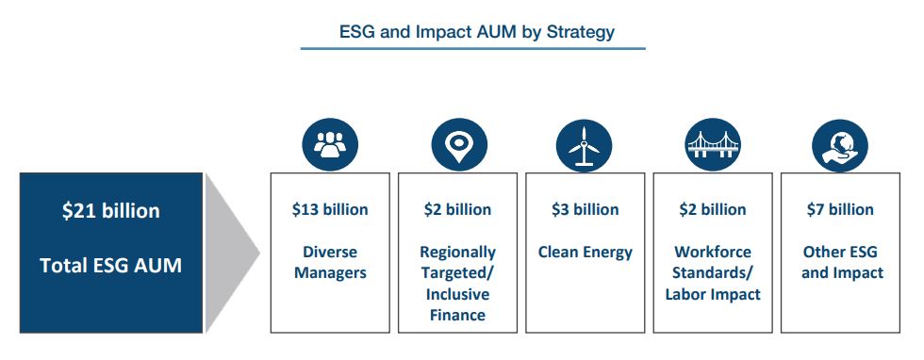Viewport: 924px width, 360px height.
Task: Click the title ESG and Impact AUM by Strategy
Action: (477, 32)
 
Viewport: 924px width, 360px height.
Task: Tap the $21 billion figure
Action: (111, 210)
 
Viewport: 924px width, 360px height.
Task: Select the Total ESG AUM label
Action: (111, 265)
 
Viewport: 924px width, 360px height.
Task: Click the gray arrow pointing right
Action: (232, 253)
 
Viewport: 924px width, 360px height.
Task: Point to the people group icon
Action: (330, 144)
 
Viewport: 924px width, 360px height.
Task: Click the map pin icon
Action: (459, 144)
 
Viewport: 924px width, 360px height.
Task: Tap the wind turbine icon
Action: (584, 145)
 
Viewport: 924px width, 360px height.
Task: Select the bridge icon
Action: (713, 144)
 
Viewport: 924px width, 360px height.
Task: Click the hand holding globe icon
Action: (840, 144)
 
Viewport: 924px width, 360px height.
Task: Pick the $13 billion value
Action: (330, 209)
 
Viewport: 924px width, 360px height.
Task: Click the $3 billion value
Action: (586, 209)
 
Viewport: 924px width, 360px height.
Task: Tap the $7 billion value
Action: (840, 209)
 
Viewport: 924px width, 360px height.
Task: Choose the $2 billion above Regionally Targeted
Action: (457, 209)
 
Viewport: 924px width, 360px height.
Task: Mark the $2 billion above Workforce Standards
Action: (713, 209)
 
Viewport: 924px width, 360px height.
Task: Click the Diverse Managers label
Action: (330, 262)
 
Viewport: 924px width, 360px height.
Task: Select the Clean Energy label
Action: (586, 253)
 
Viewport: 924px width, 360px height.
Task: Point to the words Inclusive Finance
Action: (457, 304)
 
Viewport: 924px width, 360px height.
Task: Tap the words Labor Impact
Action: (713, 294)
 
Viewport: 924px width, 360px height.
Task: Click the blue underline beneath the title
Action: (472, 48)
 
